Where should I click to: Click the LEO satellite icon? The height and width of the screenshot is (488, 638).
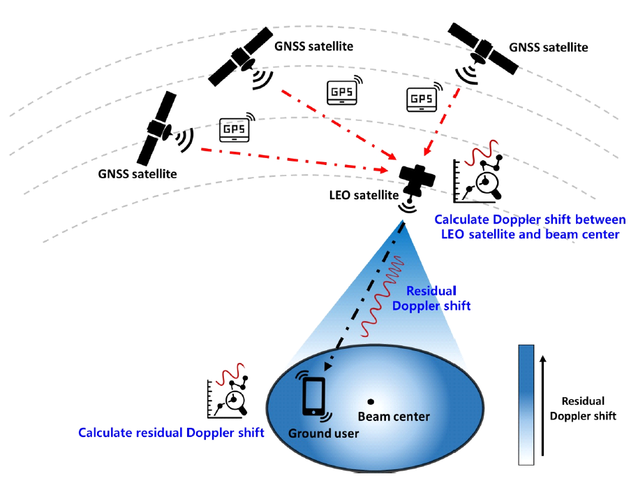(x=415, y=181)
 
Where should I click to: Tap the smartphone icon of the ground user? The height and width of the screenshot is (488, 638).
(x=313, y=397)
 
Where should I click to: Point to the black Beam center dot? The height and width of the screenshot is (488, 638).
(x=371, y=401)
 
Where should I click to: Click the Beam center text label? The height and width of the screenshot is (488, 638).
(x=394, y=417)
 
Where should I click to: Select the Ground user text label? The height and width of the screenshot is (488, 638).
(x=324, y=433)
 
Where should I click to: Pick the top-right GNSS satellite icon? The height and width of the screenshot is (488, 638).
(x=482, y=47)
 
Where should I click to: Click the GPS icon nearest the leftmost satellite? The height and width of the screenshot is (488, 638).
(x=235, y=129)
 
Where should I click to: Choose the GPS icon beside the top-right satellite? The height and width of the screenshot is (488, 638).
(x=422, y=99)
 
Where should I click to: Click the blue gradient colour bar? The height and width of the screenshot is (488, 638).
(x=526, y=405)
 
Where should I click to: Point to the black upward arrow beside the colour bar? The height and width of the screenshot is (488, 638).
(x=544, y=406)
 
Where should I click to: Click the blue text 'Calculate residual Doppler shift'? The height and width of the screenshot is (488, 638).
(x=171, y=433)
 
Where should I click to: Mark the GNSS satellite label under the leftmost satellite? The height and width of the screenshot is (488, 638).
(x=137, y=173)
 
